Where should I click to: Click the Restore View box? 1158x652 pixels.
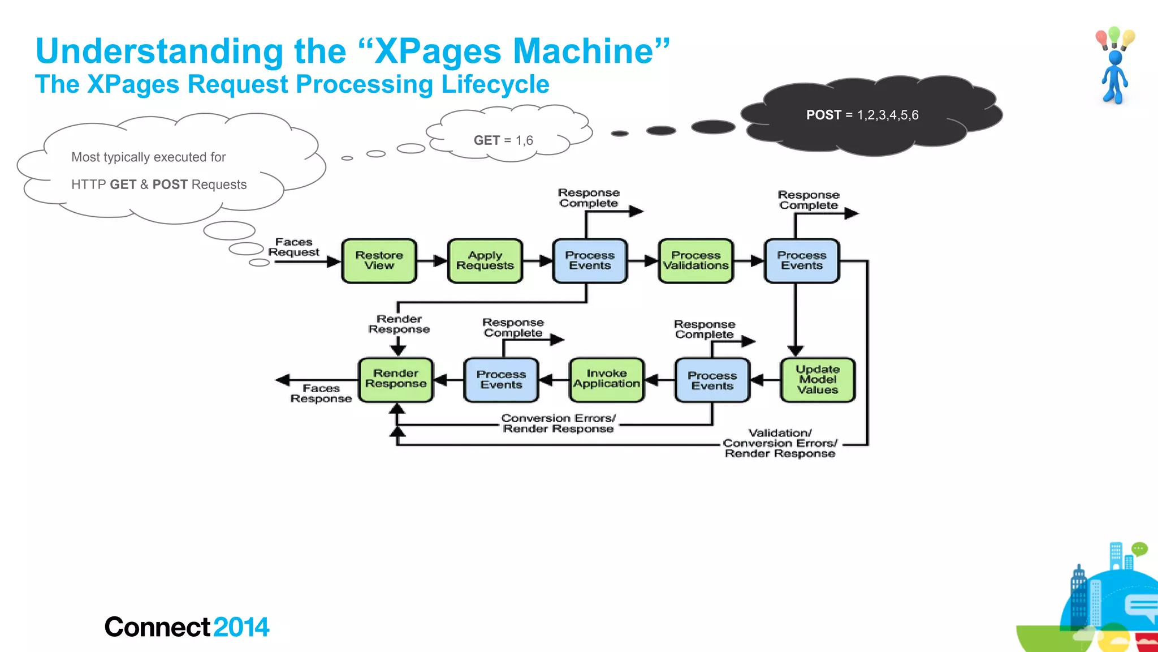pyautogui.click(x=379, y=261)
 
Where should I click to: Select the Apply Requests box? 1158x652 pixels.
pyautogui.click(x=485, y=261)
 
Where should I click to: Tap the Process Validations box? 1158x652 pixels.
pyautogui.click(x=695, y=261)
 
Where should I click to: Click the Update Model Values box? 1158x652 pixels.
pyautogui.click(x=817, y=380)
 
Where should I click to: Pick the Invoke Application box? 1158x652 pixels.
pyautogui.click(x=606, y=380)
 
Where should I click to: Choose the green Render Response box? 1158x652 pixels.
pyautogui.click(x=396, y=380)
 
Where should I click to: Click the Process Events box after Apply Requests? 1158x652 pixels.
pyautogui.click(x=590, y=261)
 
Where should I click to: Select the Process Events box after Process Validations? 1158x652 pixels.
pyautogui.click(x=801, y=261)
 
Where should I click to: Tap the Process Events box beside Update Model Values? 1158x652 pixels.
pyautogui.click(x=712, y=380)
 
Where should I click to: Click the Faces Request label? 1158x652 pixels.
pyautogui.click(x=293, y=247)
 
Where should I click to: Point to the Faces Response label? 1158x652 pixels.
pyautogui.click(x=321, y=393)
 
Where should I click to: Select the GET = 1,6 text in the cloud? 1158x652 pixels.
pyautogui.click(x=503, y=140)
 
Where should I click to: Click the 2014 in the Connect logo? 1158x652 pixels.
pyautogui.click(x=241, y=627)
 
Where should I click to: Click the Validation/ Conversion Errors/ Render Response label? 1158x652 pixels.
pyautogui.click(x=779, y=443)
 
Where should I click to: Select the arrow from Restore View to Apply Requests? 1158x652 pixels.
pyautogui.click(x=432, y=261)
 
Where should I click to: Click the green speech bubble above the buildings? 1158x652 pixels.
pyautogui.click(x=1139, y=548)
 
